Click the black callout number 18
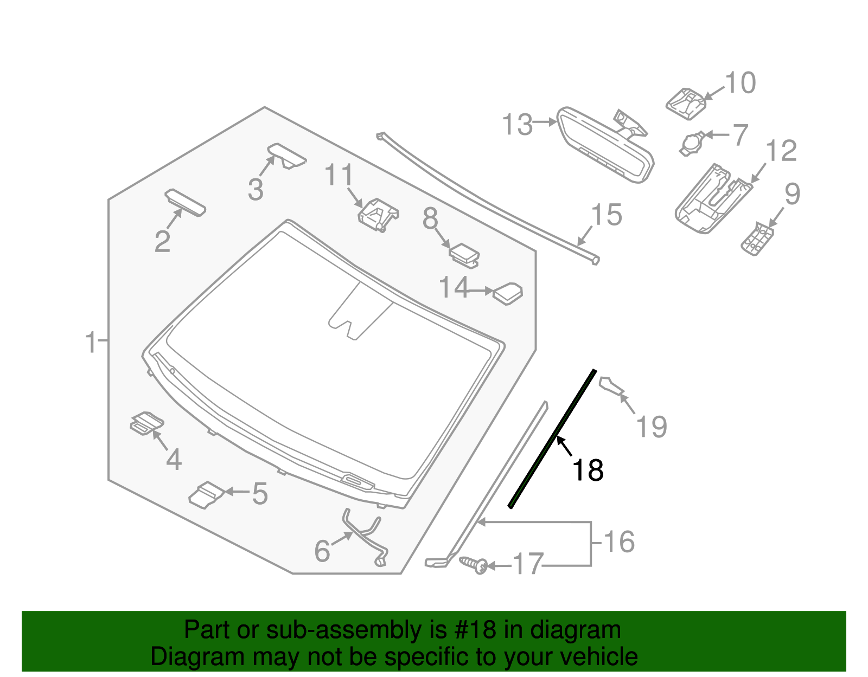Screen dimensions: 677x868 [588, 470]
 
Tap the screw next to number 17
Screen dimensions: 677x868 [474, 564]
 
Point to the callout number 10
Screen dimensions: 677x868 [740, 83]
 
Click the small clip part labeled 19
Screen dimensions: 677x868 [612, 386]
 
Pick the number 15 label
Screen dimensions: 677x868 [606, 215]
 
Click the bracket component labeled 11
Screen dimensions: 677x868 [378, 215]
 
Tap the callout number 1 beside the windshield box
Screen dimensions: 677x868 [91, 343]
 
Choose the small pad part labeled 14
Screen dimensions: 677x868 [507, 293]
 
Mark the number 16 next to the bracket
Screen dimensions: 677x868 [619, 542]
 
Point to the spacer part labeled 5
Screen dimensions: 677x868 [206, 494]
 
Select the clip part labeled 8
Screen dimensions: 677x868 [464, 254]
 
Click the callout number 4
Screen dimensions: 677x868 [174, 460]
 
